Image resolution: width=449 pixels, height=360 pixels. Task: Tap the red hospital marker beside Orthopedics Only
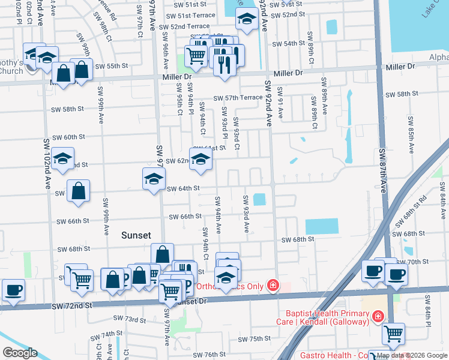coord(273,285)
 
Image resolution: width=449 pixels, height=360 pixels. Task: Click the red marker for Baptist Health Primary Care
coord(378,316)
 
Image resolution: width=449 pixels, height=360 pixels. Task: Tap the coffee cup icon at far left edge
coord(13,290)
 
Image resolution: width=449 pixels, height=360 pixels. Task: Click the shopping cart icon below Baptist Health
coord(393,333)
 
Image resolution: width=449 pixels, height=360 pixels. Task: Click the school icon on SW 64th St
coord(154,179)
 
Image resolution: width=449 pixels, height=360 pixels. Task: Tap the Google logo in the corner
coord(19,353)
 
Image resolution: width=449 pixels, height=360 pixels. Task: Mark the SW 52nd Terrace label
coord(181,26)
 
